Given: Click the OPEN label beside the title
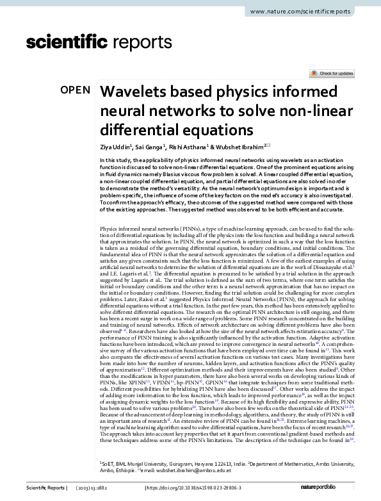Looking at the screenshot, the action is pyautogui.click(x=75, y=90).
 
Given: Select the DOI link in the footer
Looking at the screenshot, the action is pyautogui.click(x=191, y=488).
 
